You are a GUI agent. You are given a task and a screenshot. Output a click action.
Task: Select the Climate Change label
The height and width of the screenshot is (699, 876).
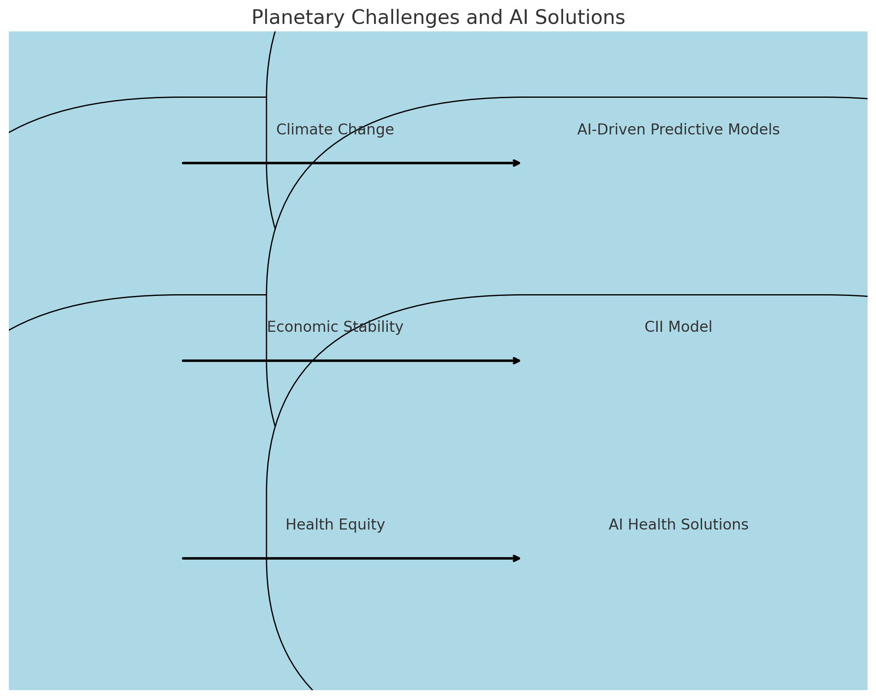coord(335,130)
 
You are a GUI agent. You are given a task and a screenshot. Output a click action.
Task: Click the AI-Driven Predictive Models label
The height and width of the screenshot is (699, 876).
coord(678,130)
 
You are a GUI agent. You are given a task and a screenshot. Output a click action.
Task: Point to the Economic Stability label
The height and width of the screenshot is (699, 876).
coord(335,327)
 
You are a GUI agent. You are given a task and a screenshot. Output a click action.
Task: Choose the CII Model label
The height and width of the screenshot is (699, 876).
coord(678,327)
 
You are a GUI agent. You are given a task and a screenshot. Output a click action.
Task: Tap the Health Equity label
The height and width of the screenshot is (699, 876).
coord(335,525)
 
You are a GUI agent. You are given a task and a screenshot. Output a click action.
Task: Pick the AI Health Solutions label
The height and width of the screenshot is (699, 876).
coord(678,525)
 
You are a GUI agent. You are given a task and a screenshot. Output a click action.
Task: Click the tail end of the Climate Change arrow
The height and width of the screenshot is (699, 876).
coord(183,163)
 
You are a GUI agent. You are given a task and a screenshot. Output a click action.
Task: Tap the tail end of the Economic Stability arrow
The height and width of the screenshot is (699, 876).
coord(183,361)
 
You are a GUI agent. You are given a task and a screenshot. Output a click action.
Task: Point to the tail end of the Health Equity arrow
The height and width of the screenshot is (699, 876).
coord(183,559)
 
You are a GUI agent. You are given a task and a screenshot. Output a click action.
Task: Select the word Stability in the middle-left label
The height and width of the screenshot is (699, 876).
coord(375,327)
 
